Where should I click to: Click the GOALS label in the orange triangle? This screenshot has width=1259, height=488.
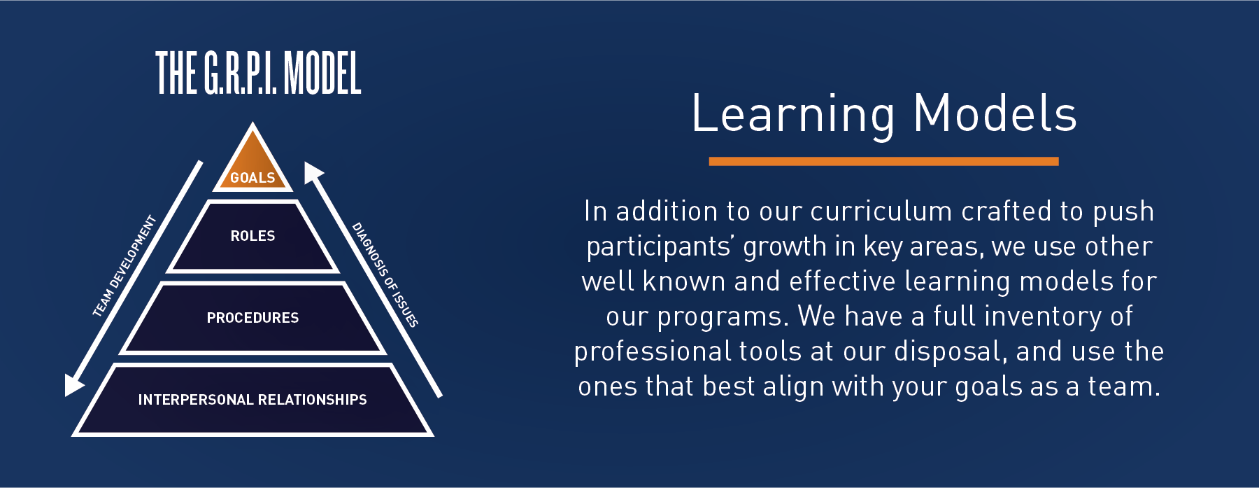point(252,178)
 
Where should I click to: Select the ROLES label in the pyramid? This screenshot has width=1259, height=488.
point(252,236)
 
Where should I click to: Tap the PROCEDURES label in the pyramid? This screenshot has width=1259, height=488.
point(252,318)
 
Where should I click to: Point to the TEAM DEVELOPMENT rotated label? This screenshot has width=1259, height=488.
point(125,267)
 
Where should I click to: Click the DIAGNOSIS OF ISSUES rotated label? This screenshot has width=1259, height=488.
point(385,274)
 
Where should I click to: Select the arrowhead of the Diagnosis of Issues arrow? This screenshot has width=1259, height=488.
point(313,172)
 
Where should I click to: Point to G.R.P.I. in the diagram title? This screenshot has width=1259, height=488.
point(240,74)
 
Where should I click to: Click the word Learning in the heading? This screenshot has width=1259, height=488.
point(793,115)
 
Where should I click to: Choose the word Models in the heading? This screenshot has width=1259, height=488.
point(995,113)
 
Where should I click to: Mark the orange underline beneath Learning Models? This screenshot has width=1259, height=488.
point(883,161)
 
